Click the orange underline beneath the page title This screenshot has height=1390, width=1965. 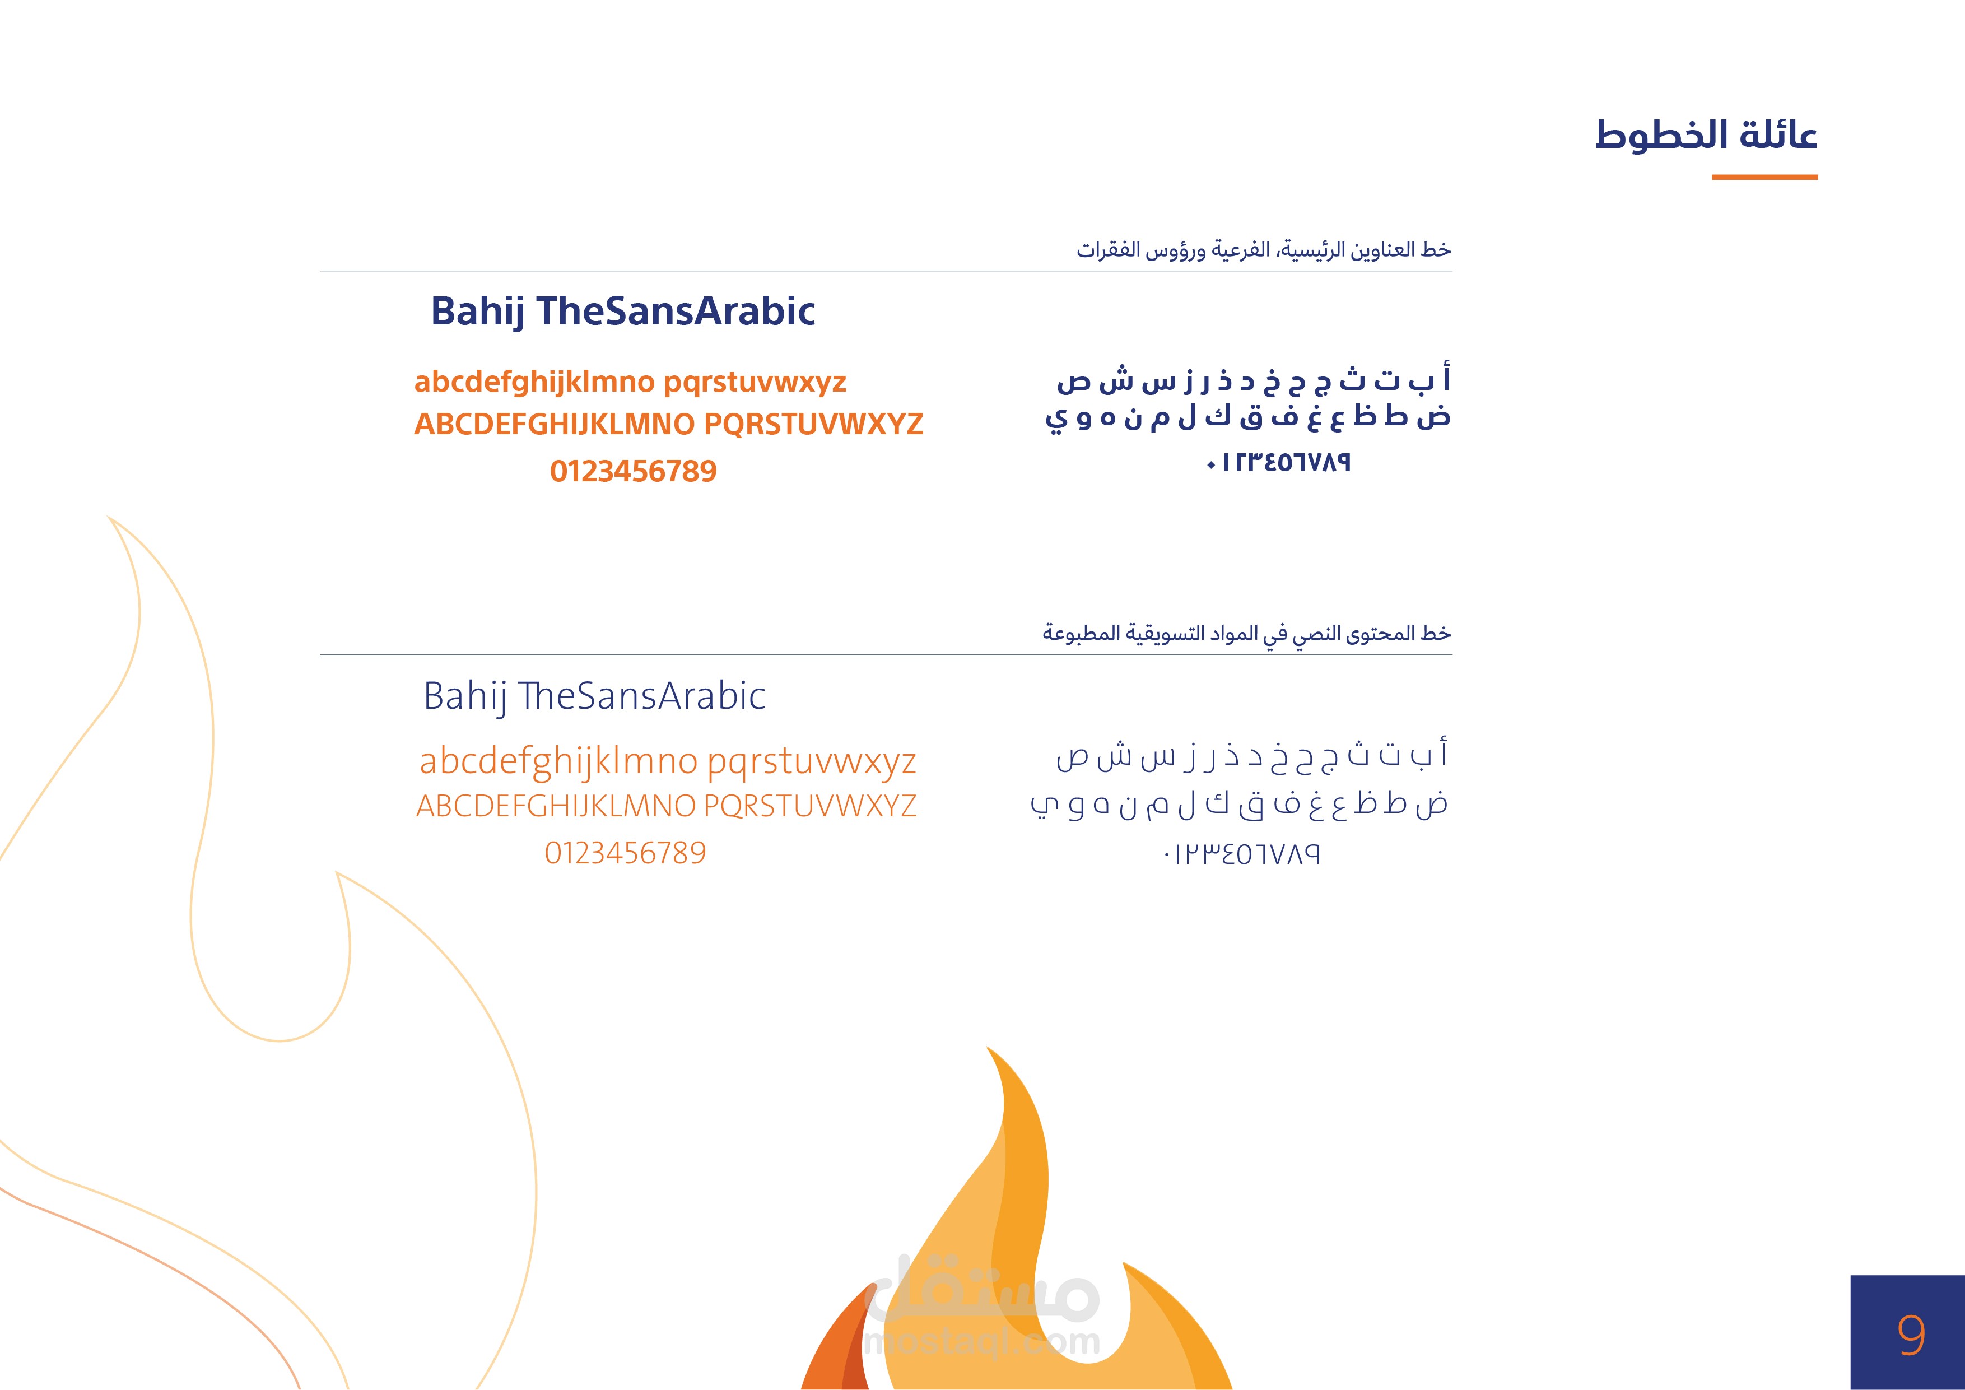[x=1764, y=177]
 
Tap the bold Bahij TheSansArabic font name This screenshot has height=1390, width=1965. [x=623, y=312]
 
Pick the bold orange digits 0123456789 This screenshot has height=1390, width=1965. [x=634, y=472]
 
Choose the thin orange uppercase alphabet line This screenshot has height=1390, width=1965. [x=667, y=806]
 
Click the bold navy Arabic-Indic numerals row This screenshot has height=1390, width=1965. [x=1279, y=463]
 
